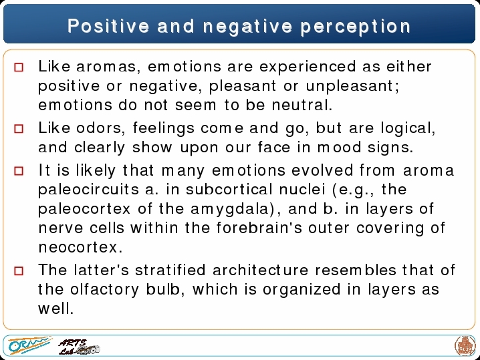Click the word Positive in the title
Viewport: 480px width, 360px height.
tap(108, 26)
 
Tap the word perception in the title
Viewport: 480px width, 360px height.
tap(356, 27)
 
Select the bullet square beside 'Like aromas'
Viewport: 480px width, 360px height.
tap(19, 67)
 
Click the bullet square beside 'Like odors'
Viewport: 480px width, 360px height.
tap(19, 128)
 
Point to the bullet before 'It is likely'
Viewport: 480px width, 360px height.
tap(19, 171)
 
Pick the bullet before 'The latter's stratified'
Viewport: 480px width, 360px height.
tap(19, 271)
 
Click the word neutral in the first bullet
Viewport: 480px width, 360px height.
tap(302, 106)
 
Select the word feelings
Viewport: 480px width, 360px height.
tap(164, 128)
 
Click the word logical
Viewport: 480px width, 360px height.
tap(408, 128)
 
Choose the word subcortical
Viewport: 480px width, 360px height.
tap(229, 190)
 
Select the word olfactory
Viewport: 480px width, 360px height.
tap(105, 290)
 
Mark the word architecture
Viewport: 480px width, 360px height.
tap(261, 270)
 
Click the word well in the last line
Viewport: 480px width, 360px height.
tap(55, 309)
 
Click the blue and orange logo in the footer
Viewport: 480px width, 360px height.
tap(29, 345)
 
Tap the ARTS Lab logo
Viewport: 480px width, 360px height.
tap(79, 347)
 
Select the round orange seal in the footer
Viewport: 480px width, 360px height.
tap(465, 346)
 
